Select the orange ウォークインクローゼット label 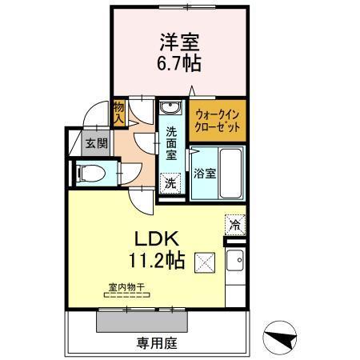tap(217, 120)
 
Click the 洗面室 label tap(170, 143)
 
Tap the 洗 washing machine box tap(170, 183)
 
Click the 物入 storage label tap(118, 113)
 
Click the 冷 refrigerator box tap(235, 225)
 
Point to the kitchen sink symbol tap(237, 259)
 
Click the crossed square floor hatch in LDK tap(204, 261)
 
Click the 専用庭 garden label tap(155, 344)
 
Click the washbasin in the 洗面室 tap(168, 108)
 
